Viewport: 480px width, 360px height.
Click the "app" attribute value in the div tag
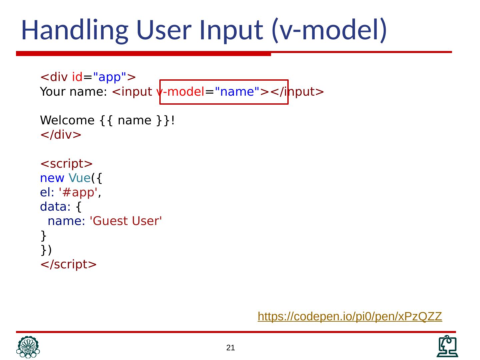(109, 77)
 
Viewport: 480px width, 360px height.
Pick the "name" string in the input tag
(237, 92)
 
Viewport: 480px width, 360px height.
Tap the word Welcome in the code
(67, 120)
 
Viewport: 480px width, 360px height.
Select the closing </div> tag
(61, 135)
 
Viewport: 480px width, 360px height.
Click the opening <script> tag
(66, 164)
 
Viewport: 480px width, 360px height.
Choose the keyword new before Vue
(52, 178)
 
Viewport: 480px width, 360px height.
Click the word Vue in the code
(79, 178)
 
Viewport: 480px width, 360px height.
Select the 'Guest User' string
(126, 221)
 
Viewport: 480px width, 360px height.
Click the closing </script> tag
(68, 264)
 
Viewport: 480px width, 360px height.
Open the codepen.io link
(350, 316)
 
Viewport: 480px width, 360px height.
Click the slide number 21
(231, 348)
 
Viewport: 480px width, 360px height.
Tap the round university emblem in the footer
(28, 347)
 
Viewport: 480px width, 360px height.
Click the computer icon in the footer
(447, 347)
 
